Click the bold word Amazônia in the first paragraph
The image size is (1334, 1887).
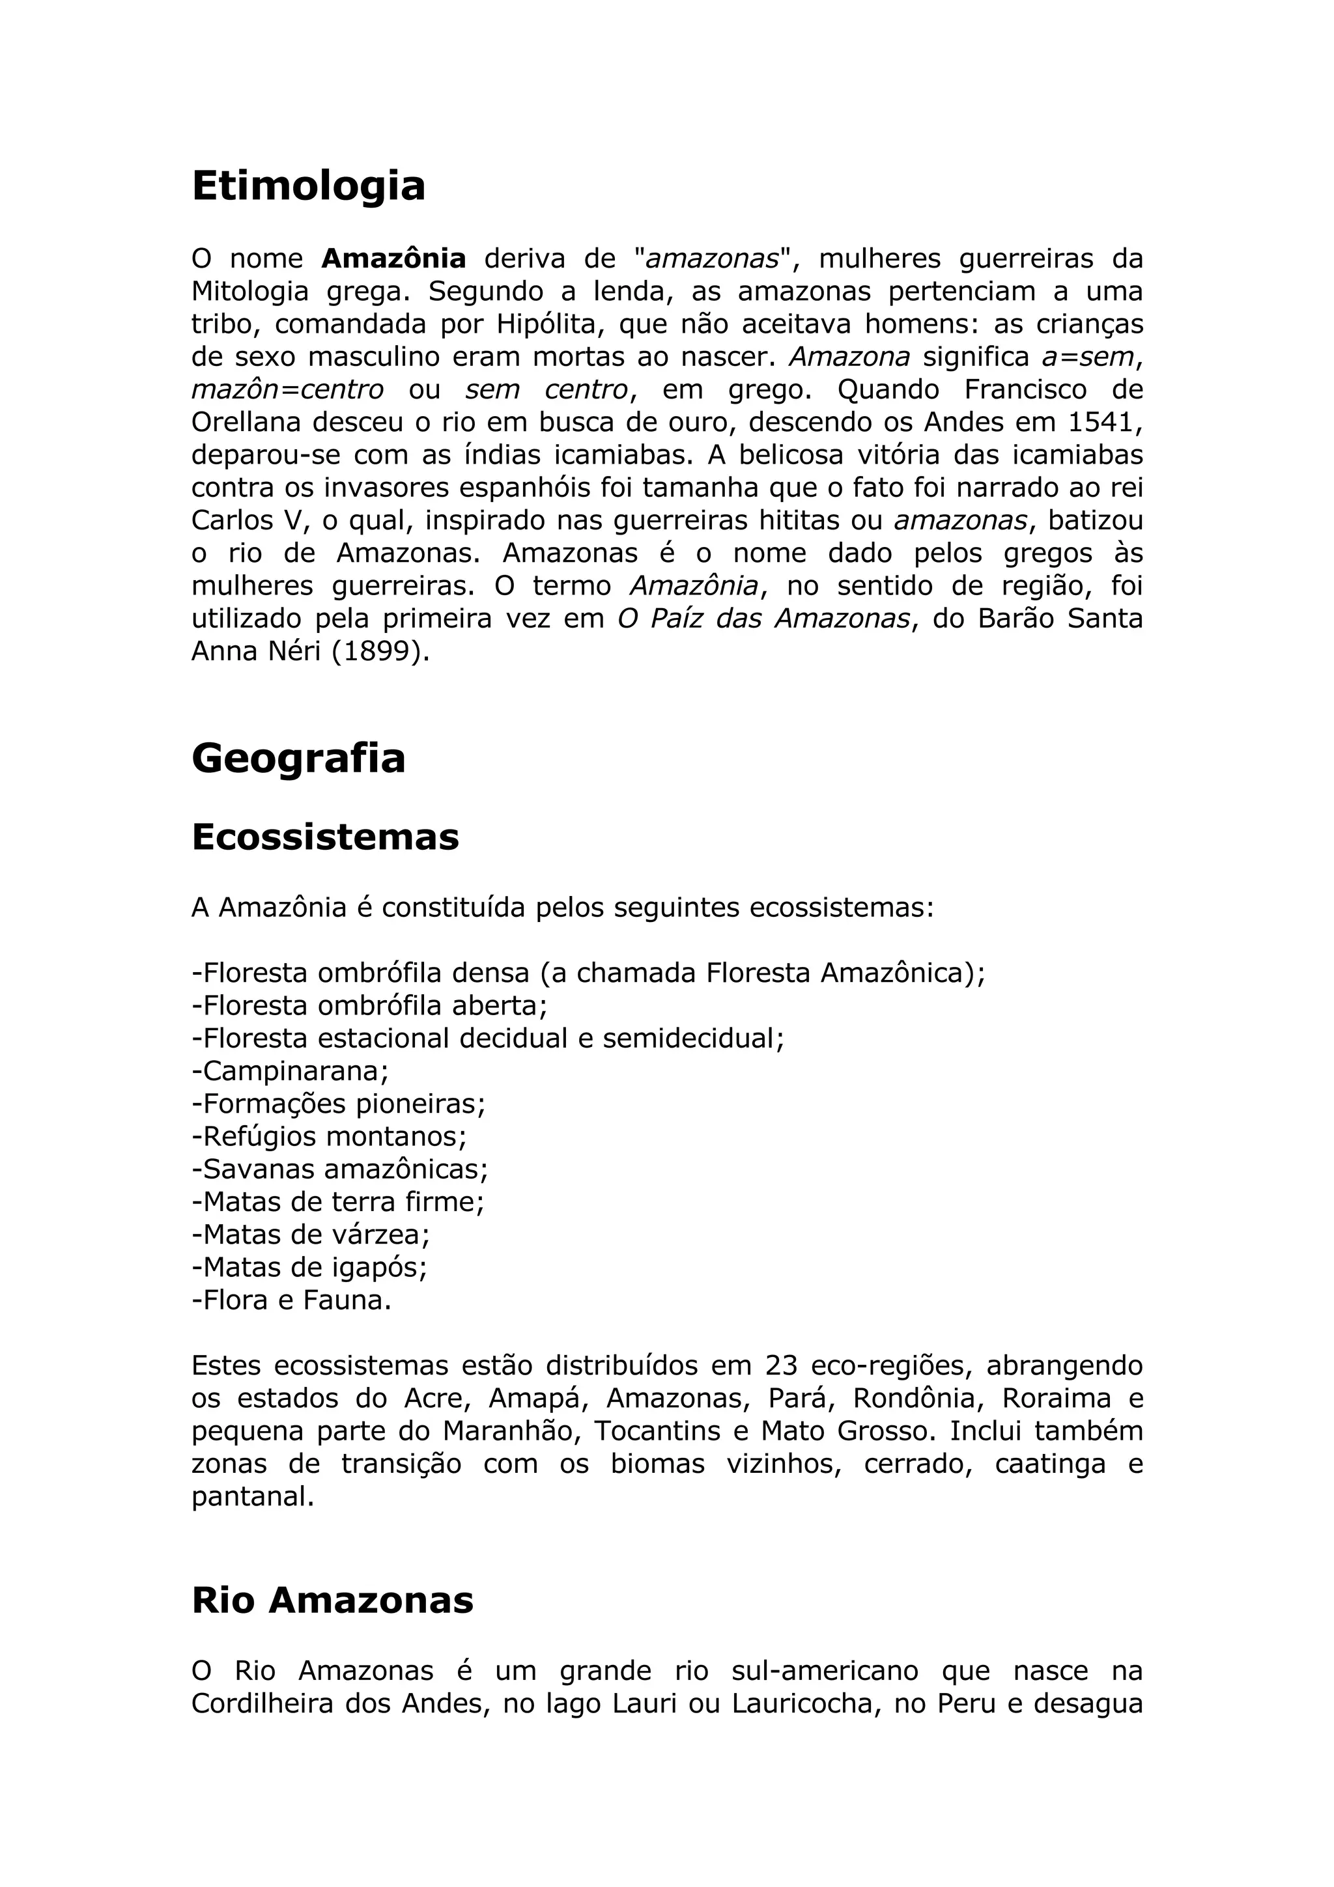393,258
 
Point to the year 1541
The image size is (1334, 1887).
1105,422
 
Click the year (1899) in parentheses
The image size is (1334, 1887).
380,651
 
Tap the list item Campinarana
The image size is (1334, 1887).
290,1071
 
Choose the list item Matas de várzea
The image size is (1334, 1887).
311,1234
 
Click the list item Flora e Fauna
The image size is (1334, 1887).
292,1300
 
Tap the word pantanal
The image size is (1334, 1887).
252,1496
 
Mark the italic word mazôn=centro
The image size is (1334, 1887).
287,389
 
